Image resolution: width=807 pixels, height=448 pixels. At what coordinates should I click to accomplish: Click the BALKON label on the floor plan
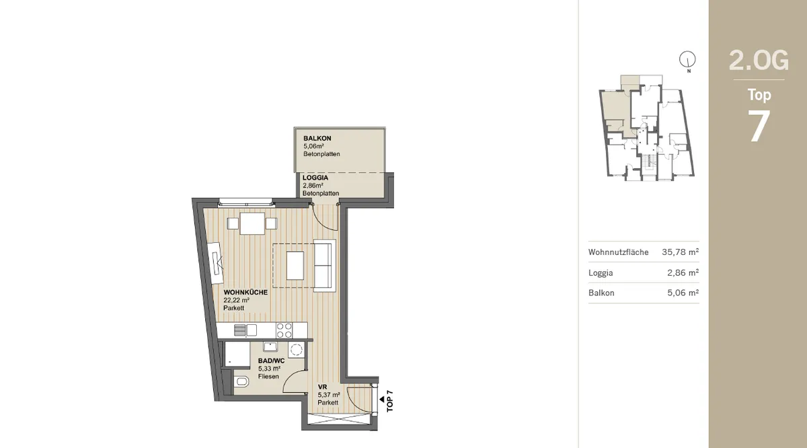317,139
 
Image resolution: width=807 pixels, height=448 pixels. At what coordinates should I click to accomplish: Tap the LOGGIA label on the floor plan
315,178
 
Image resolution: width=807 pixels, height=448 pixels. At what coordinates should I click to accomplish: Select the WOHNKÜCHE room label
245,293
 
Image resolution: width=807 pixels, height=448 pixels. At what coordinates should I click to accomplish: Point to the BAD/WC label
271,361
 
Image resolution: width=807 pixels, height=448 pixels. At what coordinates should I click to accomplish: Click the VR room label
322,387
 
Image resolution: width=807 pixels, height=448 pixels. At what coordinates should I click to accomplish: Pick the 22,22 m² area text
236,300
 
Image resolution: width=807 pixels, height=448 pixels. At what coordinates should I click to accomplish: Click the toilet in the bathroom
241,382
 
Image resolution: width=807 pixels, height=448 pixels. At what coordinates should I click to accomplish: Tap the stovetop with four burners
284,330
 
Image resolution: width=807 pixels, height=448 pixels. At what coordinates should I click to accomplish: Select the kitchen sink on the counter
245,330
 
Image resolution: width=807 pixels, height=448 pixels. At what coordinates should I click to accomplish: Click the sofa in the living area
324,265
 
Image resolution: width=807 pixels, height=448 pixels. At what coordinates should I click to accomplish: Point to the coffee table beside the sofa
295,266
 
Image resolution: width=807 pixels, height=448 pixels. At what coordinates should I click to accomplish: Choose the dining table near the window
252,224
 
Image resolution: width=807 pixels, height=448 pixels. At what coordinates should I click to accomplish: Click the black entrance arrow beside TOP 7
381,400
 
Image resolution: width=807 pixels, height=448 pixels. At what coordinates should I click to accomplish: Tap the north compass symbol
687,59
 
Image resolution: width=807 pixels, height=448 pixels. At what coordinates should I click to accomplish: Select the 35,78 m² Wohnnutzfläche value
680,252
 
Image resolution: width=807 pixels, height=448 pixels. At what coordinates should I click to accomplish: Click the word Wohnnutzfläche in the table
618,252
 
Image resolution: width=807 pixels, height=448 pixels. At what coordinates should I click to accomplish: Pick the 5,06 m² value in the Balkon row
683,293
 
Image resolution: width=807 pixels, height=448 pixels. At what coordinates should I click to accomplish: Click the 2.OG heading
759,61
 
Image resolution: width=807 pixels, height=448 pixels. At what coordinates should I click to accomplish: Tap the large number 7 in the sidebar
759,126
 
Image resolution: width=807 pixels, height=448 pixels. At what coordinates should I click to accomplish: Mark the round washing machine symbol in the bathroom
296,350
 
